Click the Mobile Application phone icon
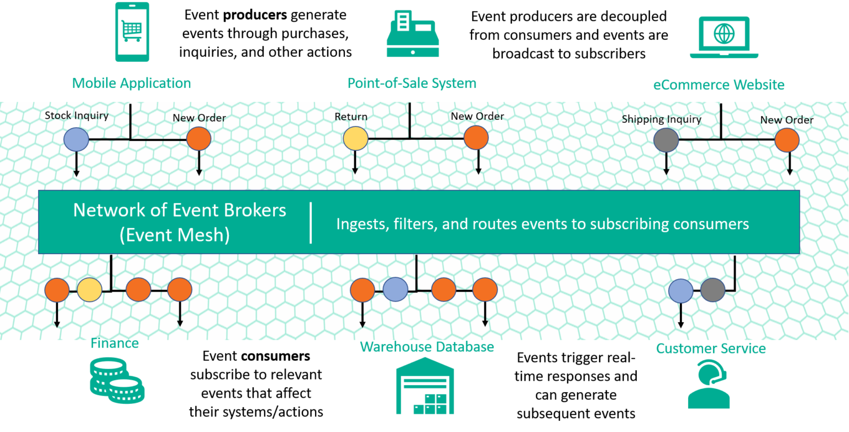132,31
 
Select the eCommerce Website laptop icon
724,37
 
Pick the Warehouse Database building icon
424,386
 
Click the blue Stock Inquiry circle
76,140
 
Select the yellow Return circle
355,139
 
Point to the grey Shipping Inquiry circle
666,140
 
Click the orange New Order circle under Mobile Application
199,139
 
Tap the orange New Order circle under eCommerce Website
787,140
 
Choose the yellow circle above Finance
89,290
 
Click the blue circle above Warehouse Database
395,289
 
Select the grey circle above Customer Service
712,290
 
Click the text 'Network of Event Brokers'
180,210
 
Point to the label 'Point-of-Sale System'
412,83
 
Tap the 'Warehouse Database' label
427,347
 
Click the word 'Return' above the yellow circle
351,117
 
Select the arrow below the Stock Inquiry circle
76,165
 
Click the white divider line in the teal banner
311,223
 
